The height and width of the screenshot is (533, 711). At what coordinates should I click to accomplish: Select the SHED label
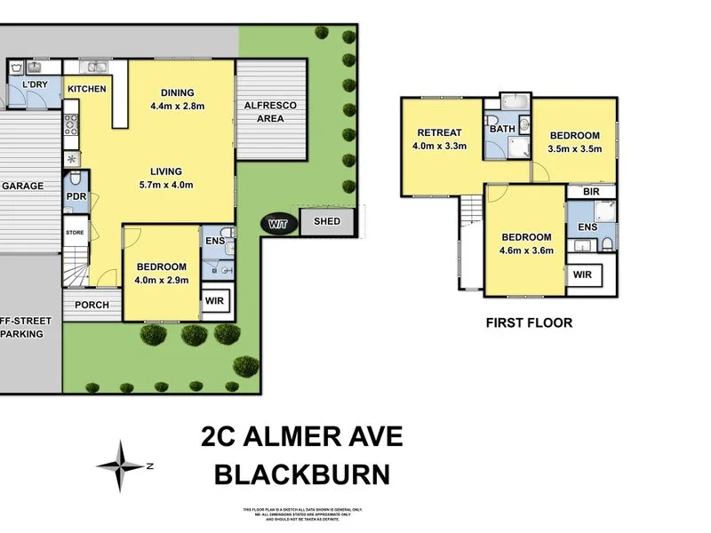point(327,223)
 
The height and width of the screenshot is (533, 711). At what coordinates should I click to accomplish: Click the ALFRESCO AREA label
point(270,111)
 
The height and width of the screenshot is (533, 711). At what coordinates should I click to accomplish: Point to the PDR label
point(76,199)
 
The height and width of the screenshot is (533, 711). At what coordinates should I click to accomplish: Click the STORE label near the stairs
point(75,234)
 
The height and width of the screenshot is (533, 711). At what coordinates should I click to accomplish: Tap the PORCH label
point(92,305)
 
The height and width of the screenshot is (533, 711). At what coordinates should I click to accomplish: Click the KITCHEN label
point(86,89)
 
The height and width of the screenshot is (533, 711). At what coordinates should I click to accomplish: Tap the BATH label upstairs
point(502,130)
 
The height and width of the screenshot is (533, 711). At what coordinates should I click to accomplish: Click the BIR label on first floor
point(589,192)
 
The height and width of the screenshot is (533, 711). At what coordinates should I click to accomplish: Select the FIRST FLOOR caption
point(529,322)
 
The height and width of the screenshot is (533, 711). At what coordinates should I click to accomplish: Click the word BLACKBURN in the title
point(302,473)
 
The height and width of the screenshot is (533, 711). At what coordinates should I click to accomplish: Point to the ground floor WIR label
point(214,301)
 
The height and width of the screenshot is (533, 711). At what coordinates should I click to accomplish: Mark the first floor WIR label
point(582,275)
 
